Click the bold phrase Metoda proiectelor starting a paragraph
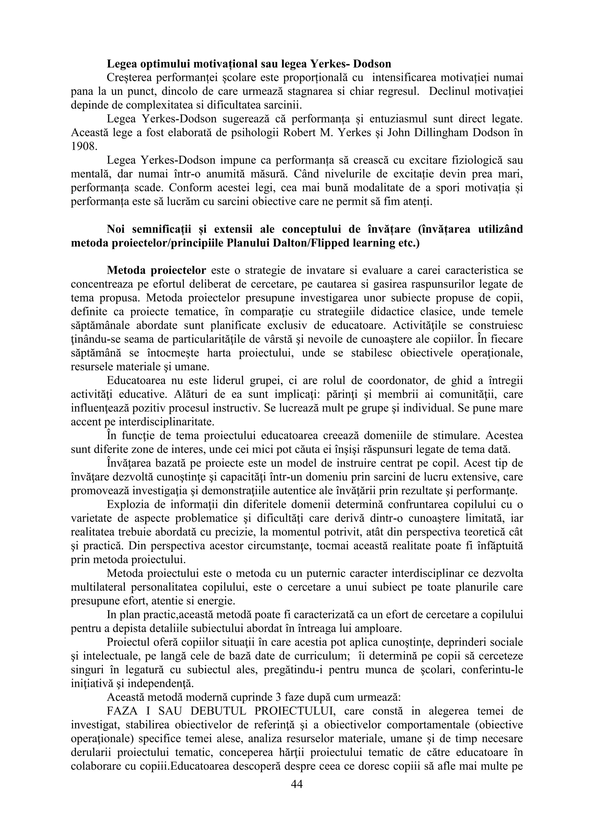pos(157,270)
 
